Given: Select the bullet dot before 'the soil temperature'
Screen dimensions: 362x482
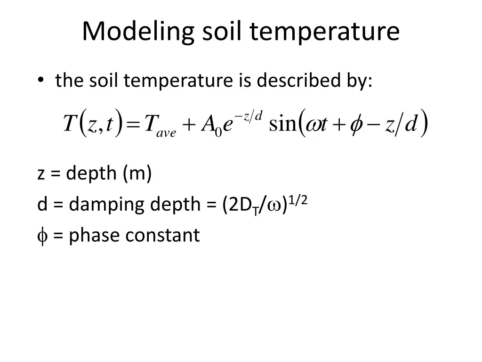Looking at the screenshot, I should click(x=42, y=81).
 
